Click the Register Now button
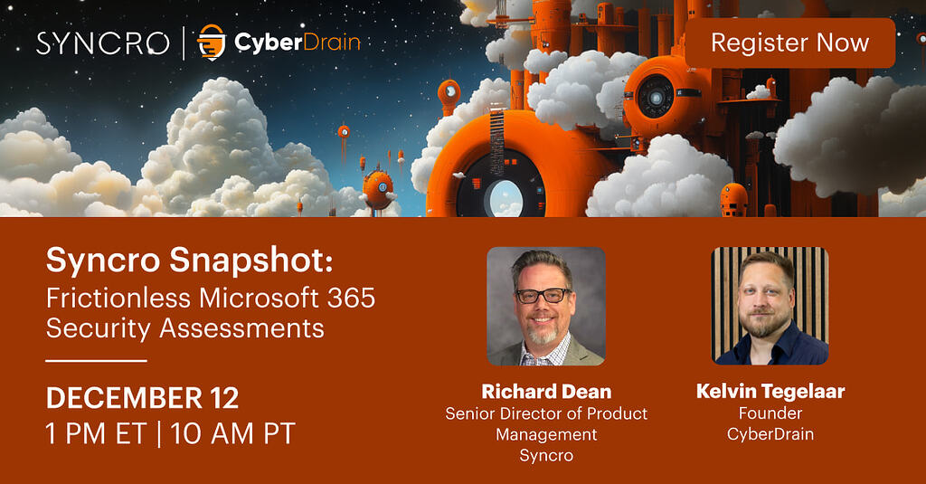[789, 43]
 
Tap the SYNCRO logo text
[103, 43]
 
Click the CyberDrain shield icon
[211, 43]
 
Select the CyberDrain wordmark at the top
[297, 43]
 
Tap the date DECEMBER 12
[142, 398]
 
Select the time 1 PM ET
[96, 433]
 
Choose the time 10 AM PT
[233, 433]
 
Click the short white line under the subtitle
[96, 360]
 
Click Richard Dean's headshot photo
[545, 306]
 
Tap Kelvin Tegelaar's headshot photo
[770, 306]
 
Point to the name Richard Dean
[546, 392]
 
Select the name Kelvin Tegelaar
[770, 392]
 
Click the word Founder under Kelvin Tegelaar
[770, 413]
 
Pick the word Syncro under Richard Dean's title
[546, 455]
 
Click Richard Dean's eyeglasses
[543, 295]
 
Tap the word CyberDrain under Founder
[770, 434]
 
